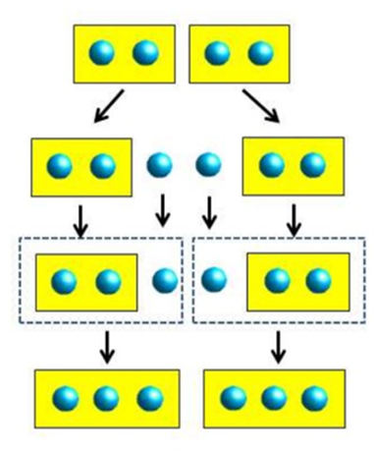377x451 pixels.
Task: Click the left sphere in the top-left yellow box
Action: (102, 52)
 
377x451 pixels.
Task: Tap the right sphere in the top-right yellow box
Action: (259, 52)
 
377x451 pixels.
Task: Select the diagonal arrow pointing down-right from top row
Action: (260, 108)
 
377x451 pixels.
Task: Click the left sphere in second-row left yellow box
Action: (60, 163)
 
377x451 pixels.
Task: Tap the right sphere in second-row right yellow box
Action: (312, 163)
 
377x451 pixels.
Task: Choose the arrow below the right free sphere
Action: (207, 208)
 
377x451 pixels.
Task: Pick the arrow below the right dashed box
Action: (279, 344)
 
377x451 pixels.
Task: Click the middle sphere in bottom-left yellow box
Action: (107, 398)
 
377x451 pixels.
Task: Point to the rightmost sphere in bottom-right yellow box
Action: (314, 398)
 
